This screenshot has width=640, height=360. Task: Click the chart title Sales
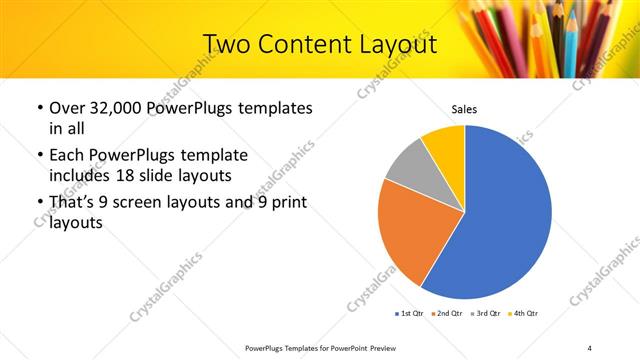click(x=464, y=109)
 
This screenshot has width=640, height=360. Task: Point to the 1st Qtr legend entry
click(x=411, y=313)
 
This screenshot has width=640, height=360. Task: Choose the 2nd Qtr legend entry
click(x=447, y=313)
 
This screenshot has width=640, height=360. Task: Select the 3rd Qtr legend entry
click(x=485, y=313)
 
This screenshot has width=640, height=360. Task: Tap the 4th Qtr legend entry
click(x=522, y=313)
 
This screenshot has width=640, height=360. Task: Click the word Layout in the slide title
click(x=389, y=44)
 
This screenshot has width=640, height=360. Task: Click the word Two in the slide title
click(x=227, y=44)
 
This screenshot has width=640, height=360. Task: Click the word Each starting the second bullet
click(x=68, y=155)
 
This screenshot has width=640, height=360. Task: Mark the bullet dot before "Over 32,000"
click(x=38, y=108)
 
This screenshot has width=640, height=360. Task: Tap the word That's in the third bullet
click(x=73, y=203)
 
